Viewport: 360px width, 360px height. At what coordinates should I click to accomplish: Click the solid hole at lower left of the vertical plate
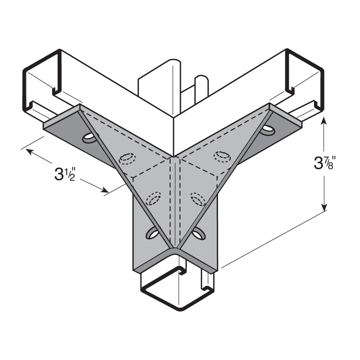click(x=152, y=233)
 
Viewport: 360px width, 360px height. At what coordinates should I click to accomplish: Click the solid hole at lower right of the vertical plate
click(x=198, y=233)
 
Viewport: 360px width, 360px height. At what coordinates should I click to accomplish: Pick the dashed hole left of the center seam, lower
click(x=153, y=198)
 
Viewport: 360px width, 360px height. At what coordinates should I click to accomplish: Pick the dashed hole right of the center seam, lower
click(x=197, y=198)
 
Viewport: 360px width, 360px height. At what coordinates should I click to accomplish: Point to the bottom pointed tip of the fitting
click(x=175, y=249)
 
